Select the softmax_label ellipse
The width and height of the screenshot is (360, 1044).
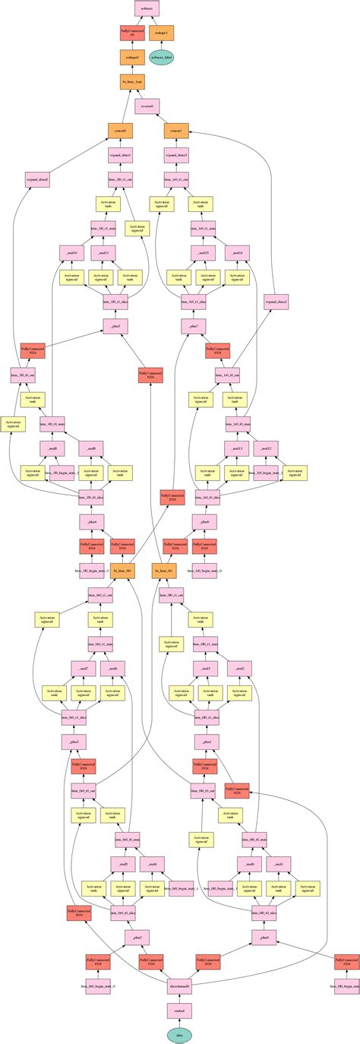pos(163,58)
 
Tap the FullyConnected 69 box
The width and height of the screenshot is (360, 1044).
pos(132,33)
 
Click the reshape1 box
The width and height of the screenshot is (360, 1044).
pos(163,33)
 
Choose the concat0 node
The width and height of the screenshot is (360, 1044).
pos(120,131)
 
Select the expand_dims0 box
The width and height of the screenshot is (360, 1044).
pos(37,180)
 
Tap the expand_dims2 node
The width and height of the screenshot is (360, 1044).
pos(276,302)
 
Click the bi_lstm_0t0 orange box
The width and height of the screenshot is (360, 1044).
pos(123,571)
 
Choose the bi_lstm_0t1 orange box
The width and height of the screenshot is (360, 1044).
pos(164,571)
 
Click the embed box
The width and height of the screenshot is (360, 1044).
pos(179,1011)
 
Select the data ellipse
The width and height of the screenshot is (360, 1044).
pos(179,1035)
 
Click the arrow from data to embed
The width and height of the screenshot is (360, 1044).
pos(179,1023)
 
